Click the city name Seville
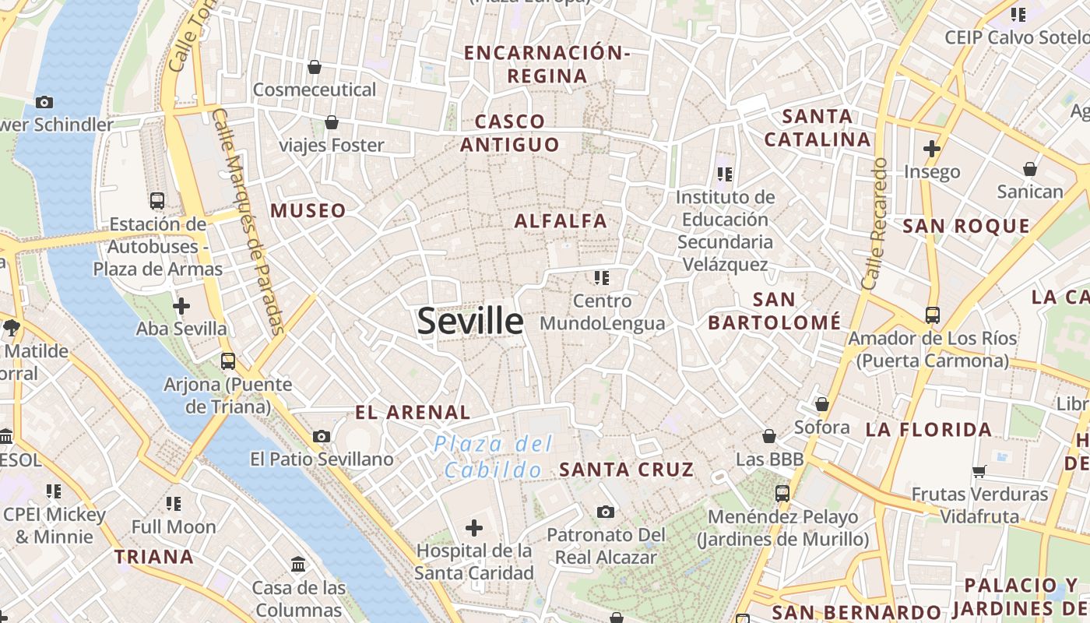click(x=470, y=321)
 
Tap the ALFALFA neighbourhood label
click(x=561, y=221)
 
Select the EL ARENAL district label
click(x=413, y=413)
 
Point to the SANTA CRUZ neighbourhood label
click(x=627, y=470)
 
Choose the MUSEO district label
click(x=308, y=211)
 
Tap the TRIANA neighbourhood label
click(x=154, y=557)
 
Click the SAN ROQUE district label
click(x=965, y=227)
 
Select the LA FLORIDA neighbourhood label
click(x=929, y=429)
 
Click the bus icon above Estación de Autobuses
click(x=157, y=201)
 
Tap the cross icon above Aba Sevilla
click(x=181, y=306)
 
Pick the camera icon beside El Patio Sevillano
click(x=322, y=437)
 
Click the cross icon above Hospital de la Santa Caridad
click(x=473, y=529)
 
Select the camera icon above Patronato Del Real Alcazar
click(x=606, y=512)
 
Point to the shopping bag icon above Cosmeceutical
click(x=315, y=67)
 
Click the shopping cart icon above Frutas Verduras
click(x=979, y=471)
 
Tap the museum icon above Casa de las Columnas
click(x=298, y=564)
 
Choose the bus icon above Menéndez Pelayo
click(x=782, y=493)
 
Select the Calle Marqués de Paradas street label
click(x=248, y=222)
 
